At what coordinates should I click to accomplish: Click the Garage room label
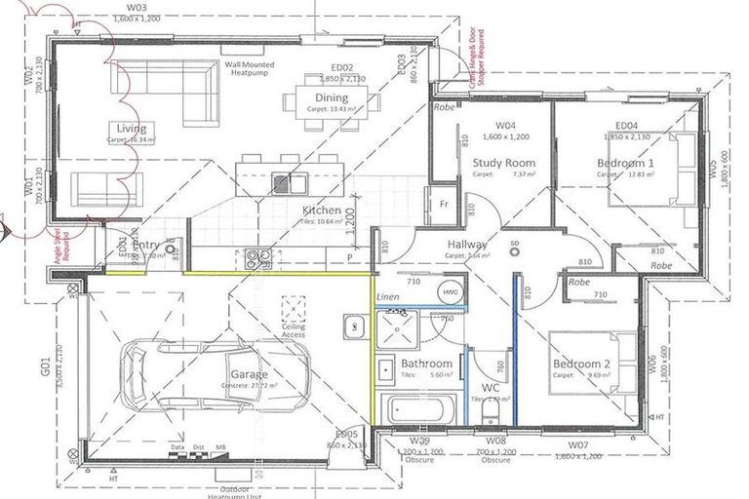click(x=249, y=373)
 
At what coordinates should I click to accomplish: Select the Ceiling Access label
click(x=293, y=332)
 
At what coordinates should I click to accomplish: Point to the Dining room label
click(x=332, y=98)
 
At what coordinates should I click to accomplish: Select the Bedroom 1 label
click(x=624, y=163)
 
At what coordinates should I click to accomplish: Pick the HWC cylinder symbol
click(x=450, y=291)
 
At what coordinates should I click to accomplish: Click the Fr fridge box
click(x=444, y=205)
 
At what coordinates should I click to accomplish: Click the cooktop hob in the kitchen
click(x=257, y=258)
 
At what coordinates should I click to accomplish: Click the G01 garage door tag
click(x=45, y=369)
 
